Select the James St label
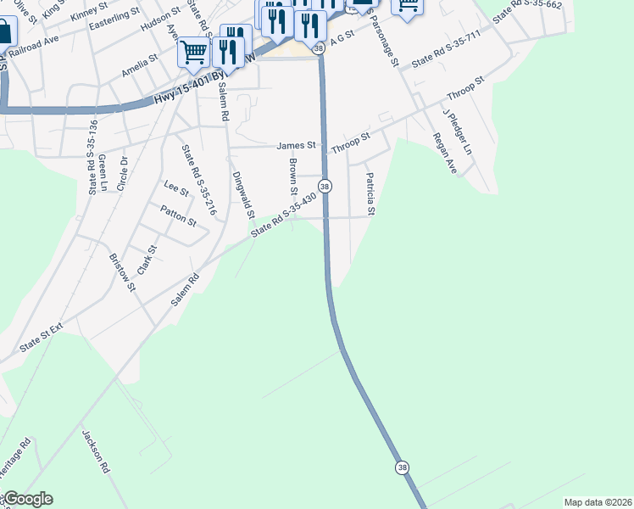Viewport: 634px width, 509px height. click(296, 146)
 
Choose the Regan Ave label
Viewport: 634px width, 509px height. click(444, 154)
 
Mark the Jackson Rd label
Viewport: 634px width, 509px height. click(97, 450)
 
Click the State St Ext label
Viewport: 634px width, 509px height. click(42, 338)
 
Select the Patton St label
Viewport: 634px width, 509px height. click(179, 215)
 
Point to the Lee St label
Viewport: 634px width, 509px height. click(175, 187)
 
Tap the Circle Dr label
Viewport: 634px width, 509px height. click(123, 173)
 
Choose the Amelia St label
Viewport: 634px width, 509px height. click(139, 67)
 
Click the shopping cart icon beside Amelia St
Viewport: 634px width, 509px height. click(193, 53)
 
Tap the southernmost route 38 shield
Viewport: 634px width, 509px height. click(402, 467)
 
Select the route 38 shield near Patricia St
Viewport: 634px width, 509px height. click(325, 186)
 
